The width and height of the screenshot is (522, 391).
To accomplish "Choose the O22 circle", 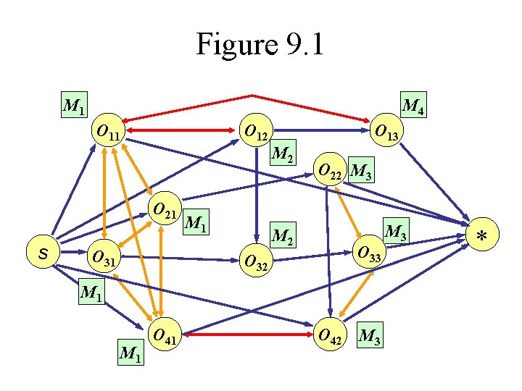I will point(331,171).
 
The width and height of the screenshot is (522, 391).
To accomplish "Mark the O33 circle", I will point(368,252).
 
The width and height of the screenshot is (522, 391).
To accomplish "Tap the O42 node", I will point(331,335).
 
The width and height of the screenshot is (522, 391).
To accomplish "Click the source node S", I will point(43,253).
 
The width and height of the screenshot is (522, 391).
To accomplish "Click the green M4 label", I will point(413,106).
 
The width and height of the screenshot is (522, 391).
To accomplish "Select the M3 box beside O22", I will point(361,172).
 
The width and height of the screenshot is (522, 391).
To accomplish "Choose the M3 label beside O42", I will point(370,336).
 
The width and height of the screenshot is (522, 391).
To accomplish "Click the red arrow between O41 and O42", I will point(246,335).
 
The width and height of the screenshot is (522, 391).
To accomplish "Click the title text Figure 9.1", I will point(260,45).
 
